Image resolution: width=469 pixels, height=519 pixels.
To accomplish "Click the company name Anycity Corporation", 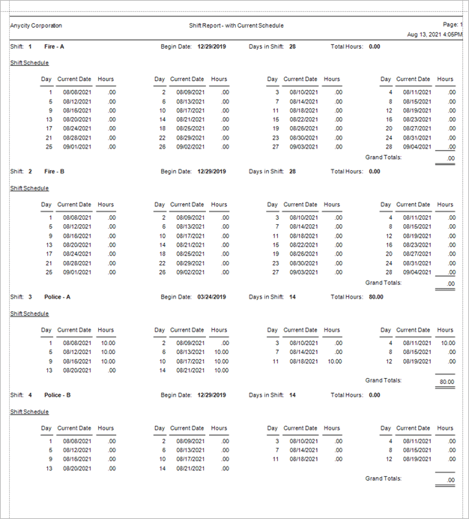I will (36, 25).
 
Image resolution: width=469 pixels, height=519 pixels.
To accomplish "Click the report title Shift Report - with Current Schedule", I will (236, 25).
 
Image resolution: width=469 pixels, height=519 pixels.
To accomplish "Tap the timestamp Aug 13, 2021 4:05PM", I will (435, 34).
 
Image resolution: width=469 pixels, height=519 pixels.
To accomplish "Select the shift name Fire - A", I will (54, 46).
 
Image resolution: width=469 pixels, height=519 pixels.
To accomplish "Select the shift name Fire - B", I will (54, 171).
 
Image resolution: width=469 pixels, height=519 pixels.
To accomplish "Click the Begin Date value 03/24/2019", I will (211, 296).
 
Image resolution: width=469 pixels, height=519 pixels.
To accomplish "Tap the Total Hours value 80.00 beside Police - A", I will (376, 296).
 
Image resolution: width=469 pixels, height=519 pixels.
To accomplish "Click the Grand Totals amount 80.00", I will (445, 381).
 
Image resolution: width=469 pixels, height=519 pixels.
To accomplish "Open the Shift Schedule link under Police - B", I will (29, 412).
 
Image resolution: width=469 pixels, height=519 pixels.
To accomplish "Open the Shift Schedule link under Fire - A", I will (29, 63).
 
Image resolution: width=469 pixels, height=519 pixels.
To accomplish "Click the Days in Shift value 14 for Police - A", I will (292, 296).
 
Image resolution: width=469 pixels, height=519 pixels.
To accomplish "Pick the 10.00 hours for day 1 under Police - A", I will (108, 343).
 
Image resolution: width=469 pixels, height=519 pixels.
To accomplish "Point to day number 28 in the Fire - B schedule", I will (389, 271).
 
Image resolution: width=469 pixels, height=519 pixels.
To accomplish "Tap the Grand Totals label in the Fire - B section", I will (383, 283).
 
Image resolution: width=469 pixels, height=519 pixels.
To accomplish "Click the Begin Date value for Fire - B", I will (211, 171).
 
